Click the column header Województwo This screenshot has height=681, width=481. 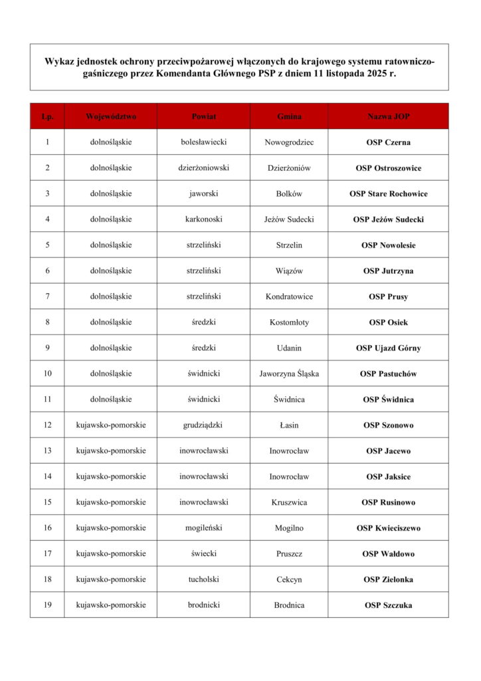tap(111, 116)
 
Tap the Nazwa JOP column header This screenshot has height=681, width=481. tap(388, 116)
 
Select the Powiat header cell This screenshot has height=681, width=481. tap(203, 116)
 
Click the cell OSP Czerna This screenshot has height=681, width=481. tap(388, 142)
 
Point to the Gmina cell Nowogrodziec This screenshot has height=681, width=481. tap(289, 142)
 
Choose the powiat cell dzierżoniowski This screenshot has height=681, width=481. tap(203, 168)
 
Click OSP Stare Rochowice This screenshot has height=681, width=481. tap(388, 194)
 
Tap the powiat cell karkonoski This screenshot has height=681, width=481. tap(203, 219)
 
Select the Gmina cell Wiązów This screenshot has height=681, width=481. tap(289, 271)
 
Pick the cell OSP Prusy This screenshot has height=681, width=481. tap(388, 297)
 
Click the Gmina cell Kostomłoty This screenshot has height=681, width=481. tap(289, 323)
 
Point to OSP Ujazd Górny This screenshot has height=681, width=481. tap(388, 348)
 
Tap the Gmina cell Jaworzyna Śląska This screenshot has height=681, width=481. tap(289, 374)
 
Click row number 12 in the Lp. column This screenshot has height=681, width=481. tap(47, 425)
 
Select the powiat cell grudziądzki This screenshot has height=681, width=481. tap(203, 425)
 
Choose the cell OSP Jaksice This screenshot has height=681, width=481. tap(388, 477)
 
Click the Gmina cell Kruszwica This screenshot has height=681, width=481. tap(289, 502)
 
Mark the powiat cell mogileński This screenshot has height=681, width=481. tap(203, 528)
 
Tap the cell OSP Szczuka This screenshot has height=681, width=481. tap(388, 605)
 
